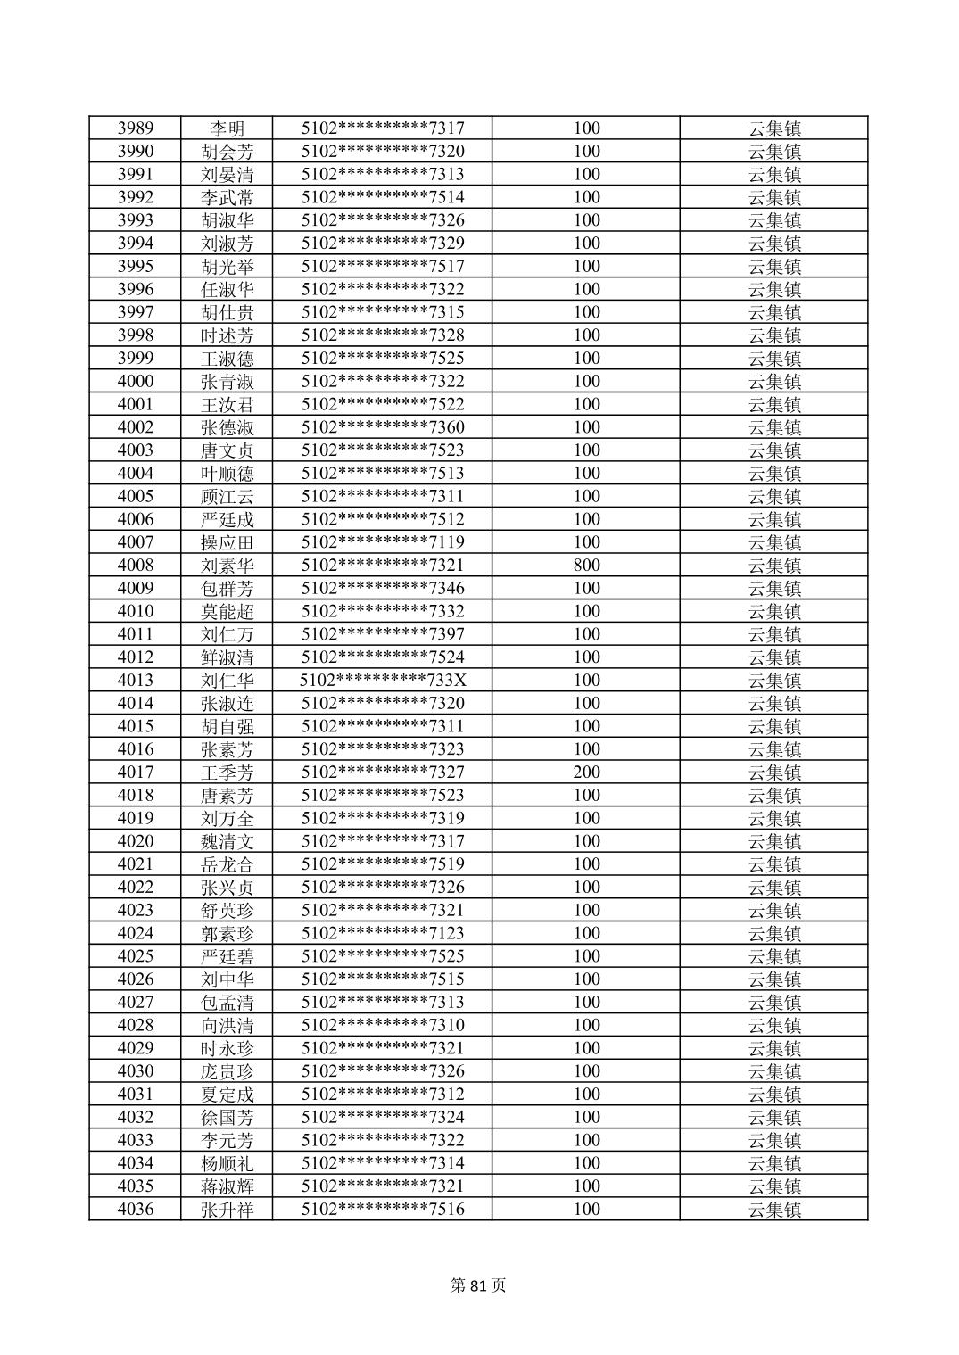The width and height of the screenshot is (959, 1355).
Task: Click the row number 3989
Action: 136,128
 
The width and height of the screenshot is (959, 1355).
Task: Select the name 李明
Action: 227,128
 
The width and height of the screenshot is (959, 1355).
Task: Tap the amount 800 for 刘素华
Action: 586,566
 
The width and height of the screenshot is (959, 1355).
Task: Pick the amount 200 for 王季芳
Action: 586,773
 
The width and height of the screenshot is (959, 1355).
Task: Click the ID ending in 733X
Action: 383,681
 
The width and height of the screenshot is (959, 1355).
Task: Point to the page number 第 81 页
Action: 479,1285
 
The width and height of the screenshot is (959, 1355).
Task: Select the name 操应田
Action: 227,542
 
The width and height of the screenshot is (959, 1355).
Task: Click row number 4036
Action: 136,1210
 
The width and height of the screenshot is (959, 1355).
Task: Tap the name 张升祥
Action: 227,1210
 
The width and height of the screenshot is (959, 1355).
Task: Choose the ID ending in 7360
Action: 383,427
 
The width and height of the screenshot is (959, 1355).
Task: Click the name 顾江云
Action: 227,497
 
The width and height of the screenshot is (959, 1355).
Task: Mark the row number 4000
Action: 136,382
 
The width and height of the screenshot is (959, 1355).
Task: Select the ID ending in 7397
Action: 383,634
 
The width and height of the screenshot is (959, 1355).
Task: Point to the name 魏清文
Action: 227,841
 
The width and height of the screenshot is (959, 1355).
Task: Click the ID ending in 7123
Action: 383,933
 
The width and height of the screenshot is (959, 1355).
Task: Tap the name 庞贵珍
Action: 227,1071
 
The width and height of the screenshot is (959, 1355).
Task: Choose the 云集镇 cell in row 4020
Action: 773,841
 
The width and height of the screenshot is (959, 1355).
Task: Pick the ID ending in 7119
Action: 383,542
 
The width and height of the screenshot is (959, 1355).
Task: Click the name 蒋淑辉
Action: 227,1186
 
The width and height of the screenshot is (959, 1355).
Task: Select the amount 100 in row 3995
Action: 586,267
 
